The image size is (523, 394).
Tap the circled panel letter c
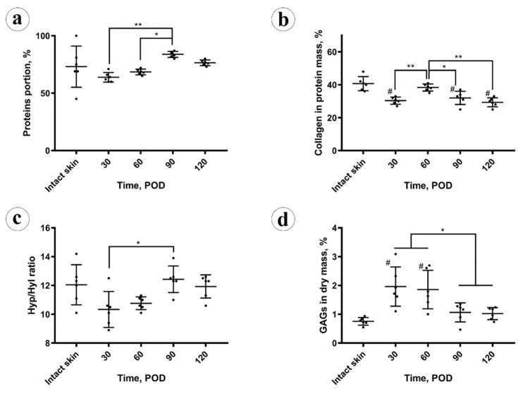click(x=18, y=217)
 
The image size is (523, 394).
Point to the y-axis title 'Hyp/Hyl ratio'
click(x=25, y=285)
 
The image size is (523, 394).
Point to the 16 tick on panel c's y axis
click(x=49, y=228)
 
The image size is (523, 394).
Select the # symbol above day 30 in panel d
click(x=388, y=263)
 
